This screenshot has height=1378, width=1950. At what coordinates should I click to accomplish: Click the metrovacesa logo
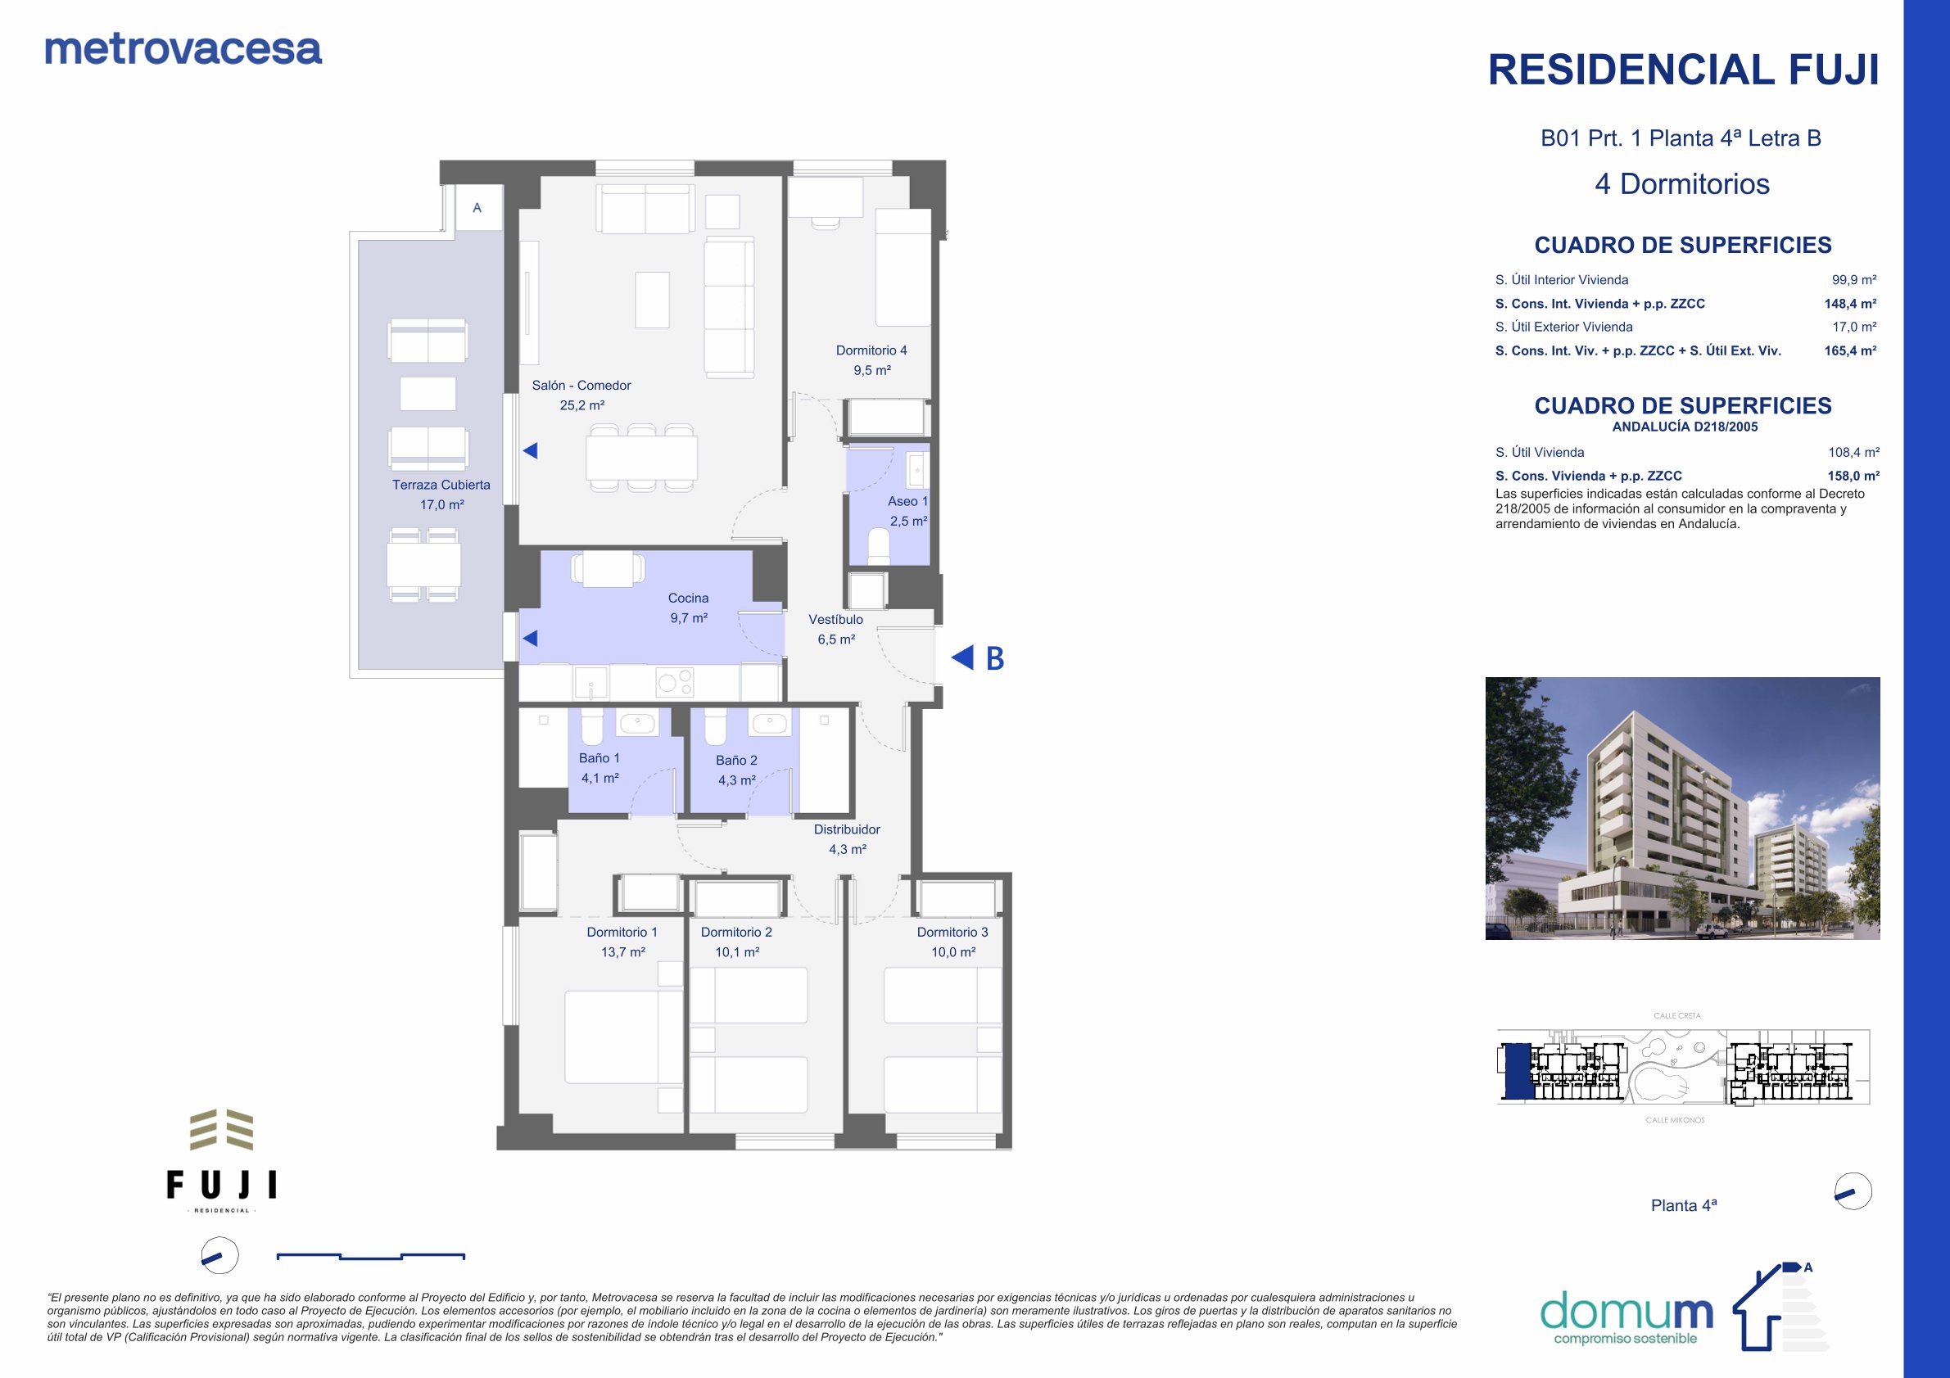tap(183, 49)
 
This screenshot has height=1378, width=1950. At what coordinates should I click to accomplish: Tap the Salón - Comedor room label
tap(581, 386)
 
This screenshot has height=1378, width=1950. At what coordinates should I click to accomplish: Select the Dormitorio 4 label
tap(871, 350)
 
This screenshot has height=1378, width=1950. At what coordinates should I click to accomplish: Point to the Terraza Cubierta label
tap(441, 485)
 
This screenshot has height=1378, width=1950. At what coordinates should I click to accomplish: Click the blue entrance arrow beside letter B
tap(962, 657)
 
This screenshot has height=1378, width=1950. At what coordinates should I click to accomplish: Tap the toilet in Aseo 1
tap(878, 547)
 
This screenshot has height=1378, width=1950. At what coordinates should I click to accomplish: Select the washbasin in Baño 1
tap(636, 723)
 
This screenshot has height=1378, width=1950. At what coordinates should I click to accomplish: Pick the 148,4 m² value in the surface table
tap(1850, 303)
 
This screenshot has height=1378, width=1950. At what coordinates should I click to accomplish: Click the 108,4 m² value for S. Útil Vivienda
tap(1854, 453)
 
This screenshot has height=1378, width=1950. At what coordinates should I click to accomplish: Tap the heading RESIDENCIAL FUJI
tap(1683, 70)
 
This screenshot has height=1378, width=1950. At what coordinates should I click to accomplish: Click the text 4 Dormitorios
tap(1682, 183)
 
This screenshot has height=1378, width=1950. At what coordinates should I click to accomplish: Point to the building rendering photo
tap(1682, 808)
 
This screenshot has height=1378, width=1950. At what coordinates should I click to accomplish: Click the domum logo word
tap(1626, 1312)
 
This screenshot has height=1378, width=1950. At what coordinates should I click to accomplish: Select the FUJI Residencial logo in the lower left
tap(222, 1161)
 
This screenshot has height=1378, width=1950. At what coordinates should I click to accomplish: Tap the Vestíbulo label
tap(835, 620)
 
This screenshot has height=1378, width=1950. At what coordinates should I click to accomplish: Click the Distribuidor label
tap(847, 829)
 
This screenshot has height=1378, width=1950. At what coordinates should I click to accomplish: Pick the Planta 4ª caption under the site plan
tap(1683, 1205)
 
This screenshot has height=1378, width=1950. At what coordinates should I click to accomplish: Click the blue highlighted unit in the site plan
tap(1518, 1072)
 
